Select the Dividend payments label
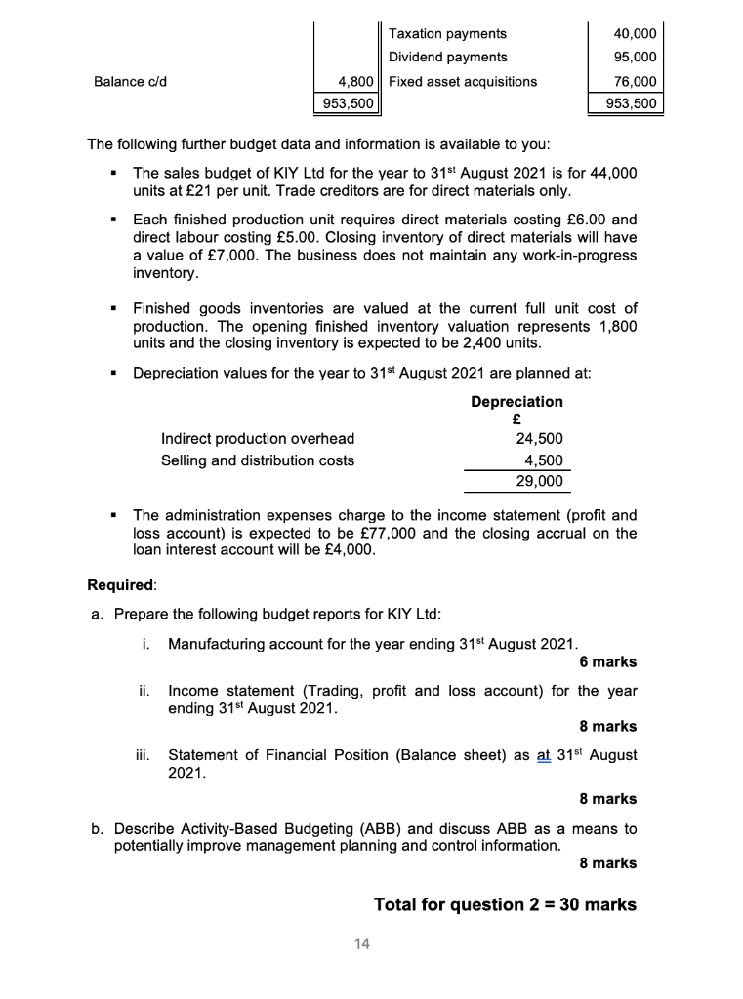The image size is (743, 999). (x=447, y=58)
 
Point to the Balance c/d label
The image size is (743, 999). (x=130, y=82)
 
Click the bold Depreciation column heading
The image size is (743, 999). (x=516, y=402)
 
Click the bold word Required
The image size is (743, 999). (x=120, y=585)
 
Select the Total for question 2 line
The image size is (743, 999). (x=505, y=904)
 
